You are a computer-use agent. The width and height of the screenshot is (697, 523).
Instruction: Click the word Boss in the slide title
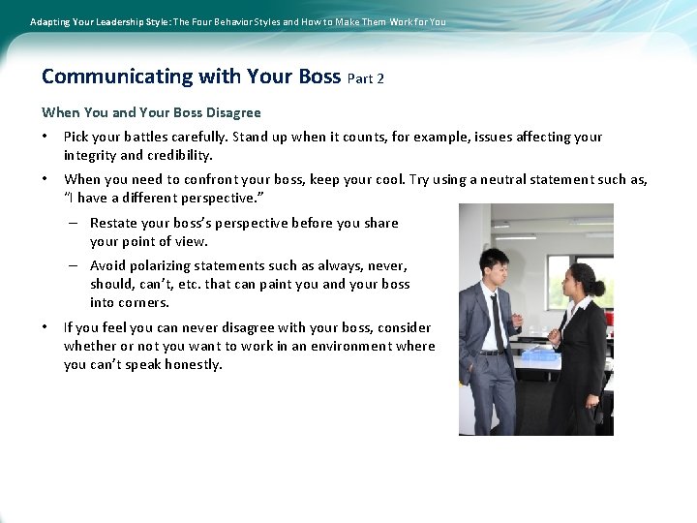click(x=315, y=77)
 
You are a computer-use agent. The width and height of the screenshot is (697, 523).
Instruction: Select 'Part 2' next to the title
click(x=365, y=78)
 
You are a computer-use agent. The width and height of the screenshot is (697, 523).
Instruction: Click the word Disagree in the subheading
click(x=229, y=112)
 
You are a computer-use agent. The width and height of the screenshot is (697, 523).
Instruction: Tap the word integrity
click(x=90, y=155)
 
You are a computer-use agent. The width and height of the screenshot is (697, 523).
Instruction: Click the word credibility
click(x=179, y=155)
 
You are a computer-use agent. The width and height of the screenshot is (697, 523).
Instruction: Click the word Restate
click(x=114, y=223)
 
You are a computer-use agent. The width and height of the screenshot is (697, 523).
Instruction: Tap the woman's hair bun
click(x=599, y=287)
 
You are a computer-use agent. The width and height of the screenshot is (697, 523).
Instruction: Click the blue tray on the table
click(x=539, y=354)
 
